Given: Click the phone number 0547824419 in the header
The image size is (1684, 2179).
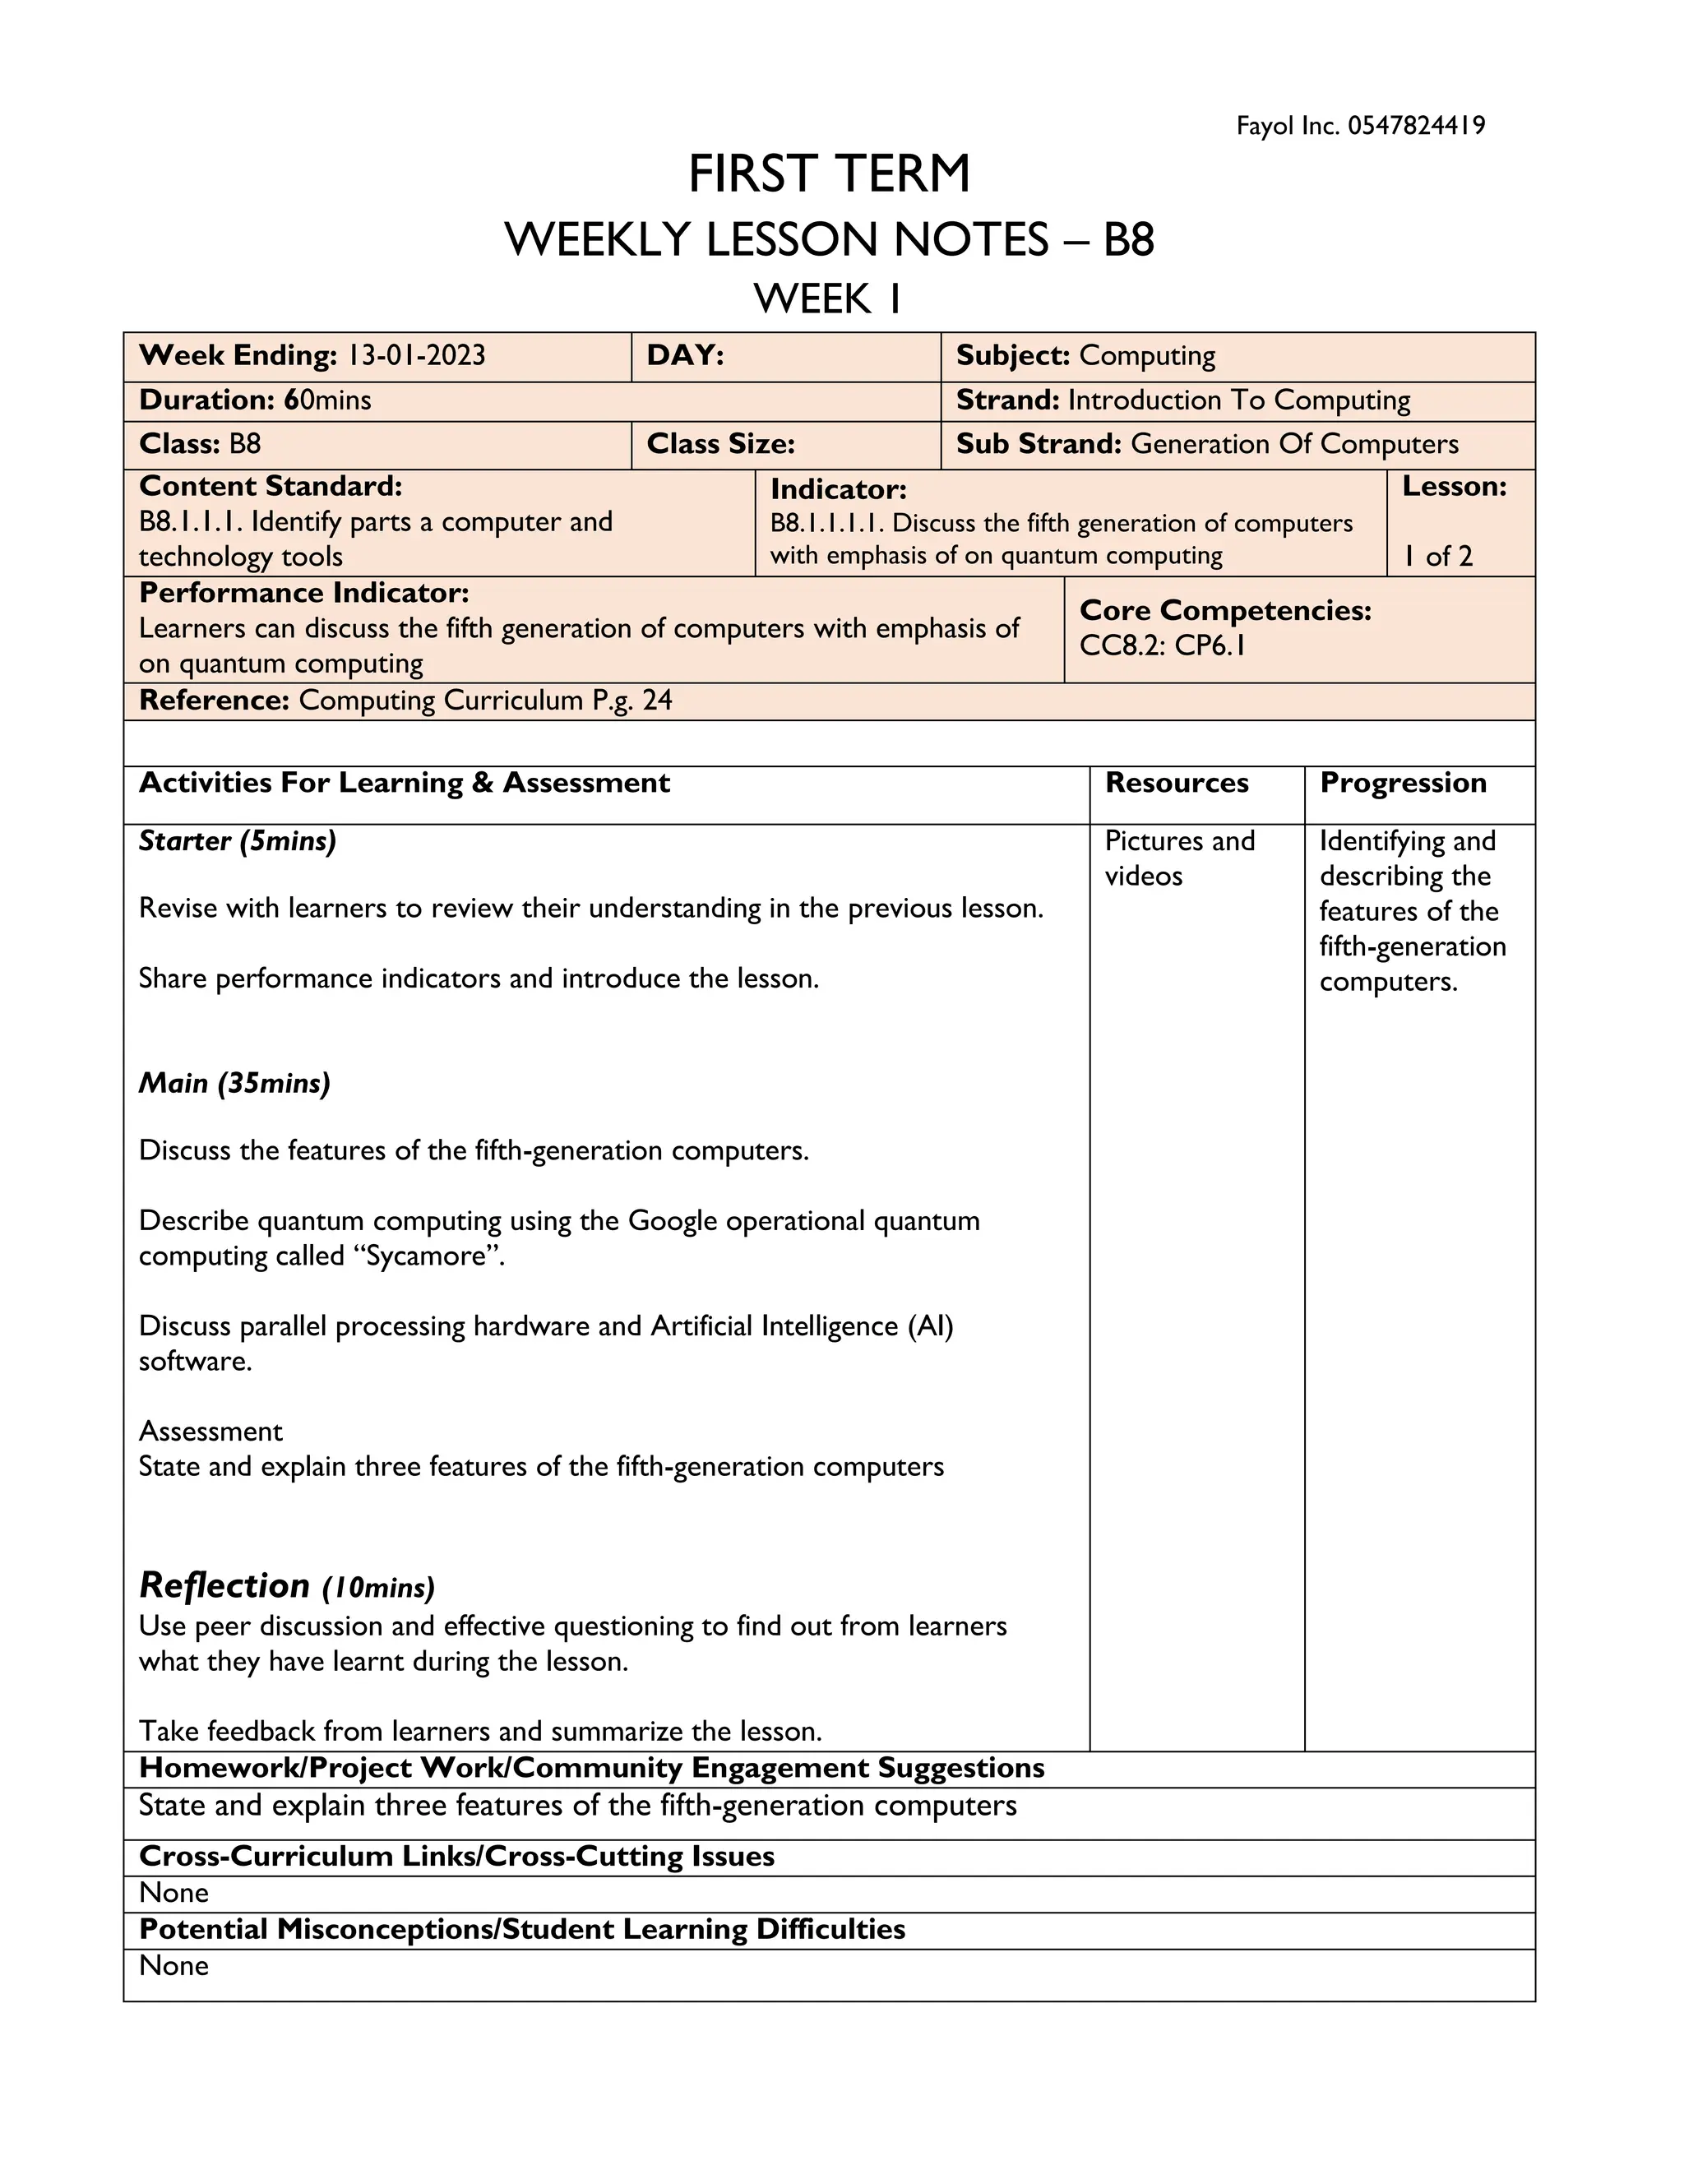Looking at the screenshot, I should tap(1416, 126).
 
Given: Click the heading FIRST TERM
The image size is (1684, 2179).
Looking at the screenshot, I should tap(829, 174).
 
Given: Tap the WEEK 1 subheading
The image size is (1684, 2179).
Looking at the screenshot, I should tap(827, 298).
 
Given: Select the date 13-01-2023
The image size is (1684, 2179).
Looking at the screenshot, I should tap(416, 355).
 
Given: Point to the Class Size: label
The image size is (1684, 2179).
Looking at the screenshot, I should tap(720, 444).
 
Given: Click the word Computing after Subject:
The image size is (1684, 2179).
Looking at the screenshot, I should tap(1147, 355).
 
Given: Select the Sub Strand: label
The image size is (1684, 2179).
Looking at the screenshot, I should tap(1039, 444).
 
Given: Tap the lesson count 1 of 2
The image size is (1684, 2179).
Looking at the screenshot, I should tap(1437, 557).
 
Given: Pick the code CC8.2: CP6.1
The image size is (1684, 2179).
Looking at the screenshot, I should tap(1162, 645).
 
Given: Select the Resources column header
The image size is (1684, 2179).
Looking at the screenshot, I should tap(1176, 783).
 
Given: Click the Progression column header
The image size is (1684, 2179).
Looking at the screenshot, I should tap(1403, 783).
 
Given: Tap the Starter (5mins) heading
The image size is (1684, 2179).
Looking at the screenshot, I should tap(238, 841).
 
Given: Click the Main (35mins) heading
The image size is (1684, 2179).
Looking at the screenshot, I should tap(234, 1084).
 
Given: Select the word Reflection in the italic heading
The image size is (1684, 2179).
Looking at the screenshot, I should tap(224, 1585).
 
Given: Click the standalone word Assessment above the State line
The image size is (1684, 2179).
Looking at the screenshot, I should tap(210, 1432).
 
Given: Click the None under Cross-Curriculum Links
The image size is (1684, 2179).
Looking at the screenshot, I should tap(173, 1893).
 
